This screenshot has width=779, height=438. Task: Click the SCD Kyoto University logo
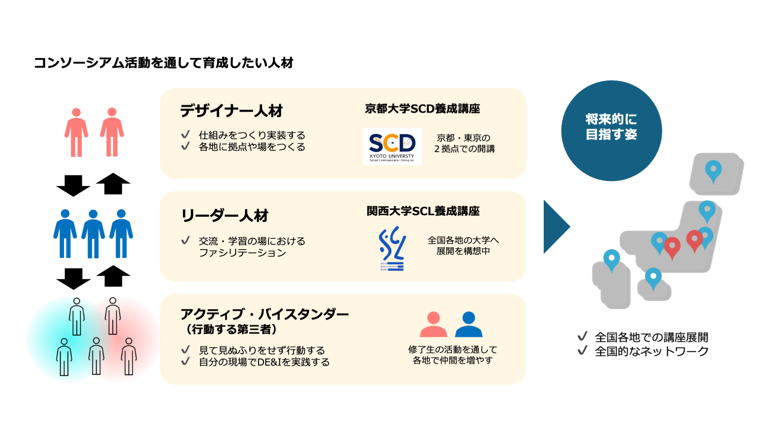[x=392, y=146]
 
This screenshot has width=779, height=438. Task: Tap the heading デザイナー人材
[x=231, y=111]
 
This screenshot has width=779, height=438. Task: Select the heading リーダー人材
[x=225, y=216]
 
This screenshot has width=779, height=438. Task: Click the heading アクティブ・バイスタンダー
[x=264, y=315]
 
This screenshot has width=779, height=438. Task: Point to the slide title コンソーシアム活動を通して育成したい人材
[x=164, y=63]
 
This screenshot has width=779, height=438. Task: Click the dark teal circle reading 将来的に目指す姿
[x=611, y=131]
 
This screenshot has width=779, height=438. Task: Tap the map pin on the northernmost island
[x=713, y=170]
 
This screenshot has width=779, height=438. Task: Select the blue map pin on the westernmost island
[x=611, y=260]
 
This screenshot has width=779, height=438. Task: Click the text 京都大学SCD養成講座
[x=422, y=109]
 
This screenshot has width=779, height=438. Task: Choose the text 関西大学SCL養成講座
[x=423, y=211]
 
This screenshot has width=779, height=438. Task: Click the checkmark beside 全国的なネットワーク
[x=582, y=351]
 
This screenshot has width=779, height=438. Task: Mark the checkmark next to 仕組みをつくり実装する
[x=185, y=135]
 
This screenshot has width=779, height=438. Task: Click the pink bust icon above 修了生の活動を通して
[x=433, y=324]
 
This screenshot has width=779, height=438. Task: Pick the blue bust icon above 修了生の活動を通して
[x=469, y=324]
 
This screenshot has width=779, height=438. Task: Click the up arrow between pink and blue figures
[x=113, y=184]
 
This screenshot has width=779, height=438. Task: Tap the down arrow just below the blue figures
[x=73, y=278]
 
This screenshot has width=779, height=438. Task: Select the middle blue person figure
[x=93, y=234]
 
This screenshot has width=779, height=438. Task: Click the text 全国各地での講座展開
[x=651, y=337]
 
